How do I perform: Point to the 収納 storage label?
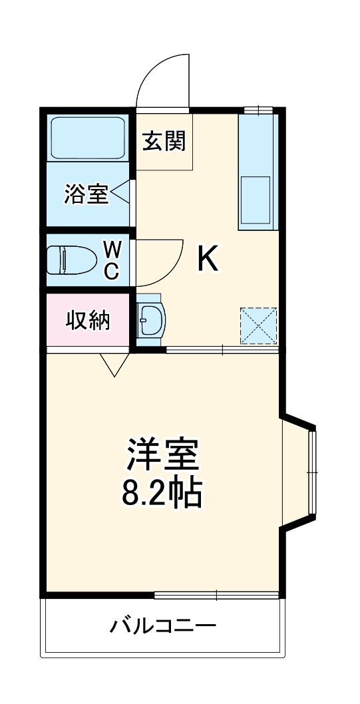click(x=87, y=321)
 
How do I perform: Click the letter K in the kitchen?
click(x=208, y=259)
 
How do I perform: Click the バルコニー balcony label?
click(x=163, y=625)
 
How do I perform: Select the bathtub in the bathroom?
click(x=88, y=139)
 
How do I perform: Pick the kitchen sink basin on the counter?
click(x=256, y=198)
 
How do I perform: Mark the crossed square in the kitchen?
click(x=258, y=325)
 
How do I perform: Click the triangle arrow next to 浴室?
click(x=120, y=194)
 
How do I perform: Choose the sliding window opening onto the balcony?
click(x=216, y=594)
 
